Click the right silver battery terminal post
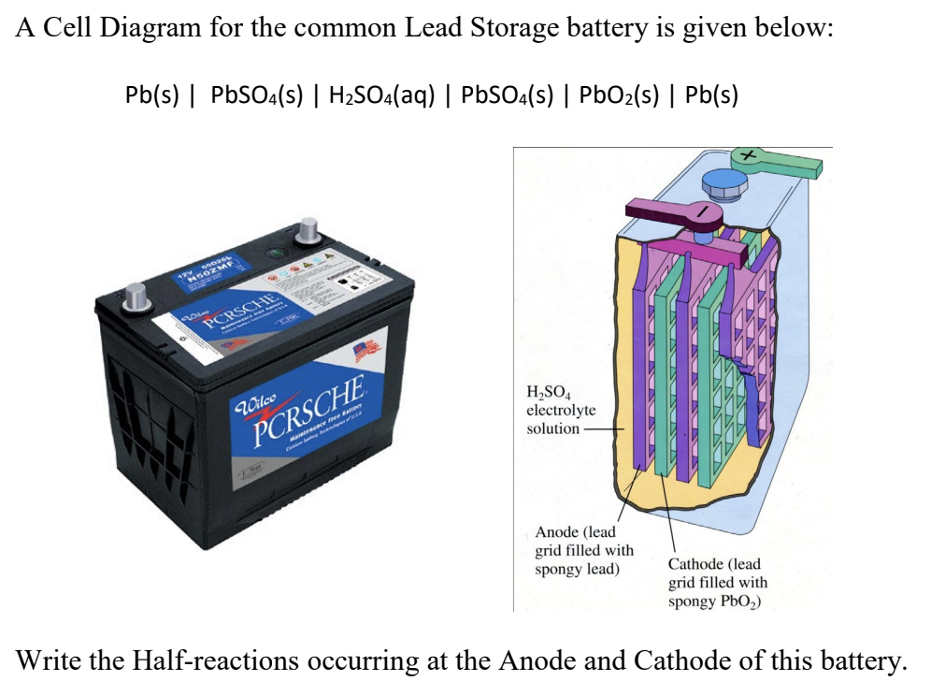[307, 231]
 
